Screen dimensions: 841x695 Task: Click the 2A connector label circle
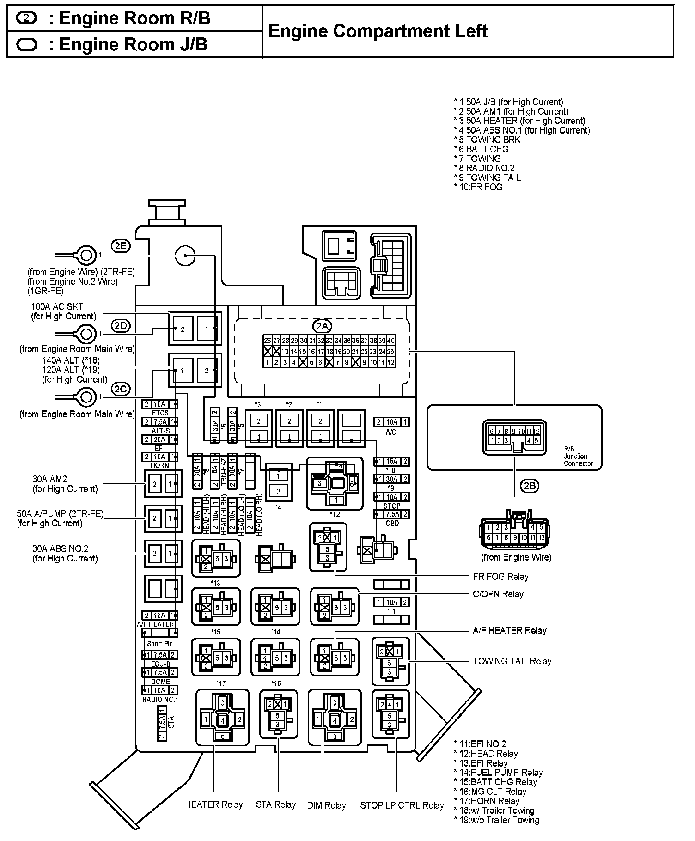tap(322, 326)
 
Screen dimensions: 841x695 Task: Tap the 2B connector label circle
tap(530, 486)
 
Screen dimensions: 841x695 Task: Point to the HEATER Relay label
tap(213, 804)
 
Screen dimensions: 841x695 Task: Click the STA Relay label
tap(275, 804)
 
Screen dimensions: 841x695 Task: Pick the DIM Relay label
tap(326, 805)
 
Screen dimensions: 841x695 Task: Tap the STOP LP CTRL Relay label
tap(402, 805)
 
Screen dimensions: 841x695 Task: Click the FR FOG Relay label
tap(500, 576)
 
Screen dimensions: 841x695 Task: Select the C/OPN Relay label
tap(498, 594)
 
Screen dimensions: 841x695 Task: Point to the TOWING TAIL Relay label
tap(512, 661)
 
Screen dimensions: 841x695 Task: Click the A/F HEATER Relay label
tap(509, 630)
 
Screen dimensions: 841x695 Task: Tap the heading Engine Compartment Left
tap(378, 31)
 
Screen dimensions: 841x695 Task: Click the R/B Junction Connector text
tap(578, 456)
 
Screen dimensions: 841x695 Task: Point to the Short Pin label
tap(160, 644)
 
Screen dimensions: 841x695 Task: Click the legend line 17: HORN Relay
tap(488, 801)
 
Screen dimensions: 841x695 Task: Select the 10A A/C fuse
tap(391, 422)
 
